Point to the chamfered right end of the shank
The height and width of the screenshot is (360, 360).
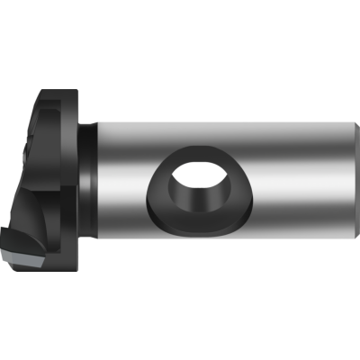tap(358, 179)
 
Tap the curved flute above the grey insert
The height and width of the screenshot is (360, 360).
tap(27, 216)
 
